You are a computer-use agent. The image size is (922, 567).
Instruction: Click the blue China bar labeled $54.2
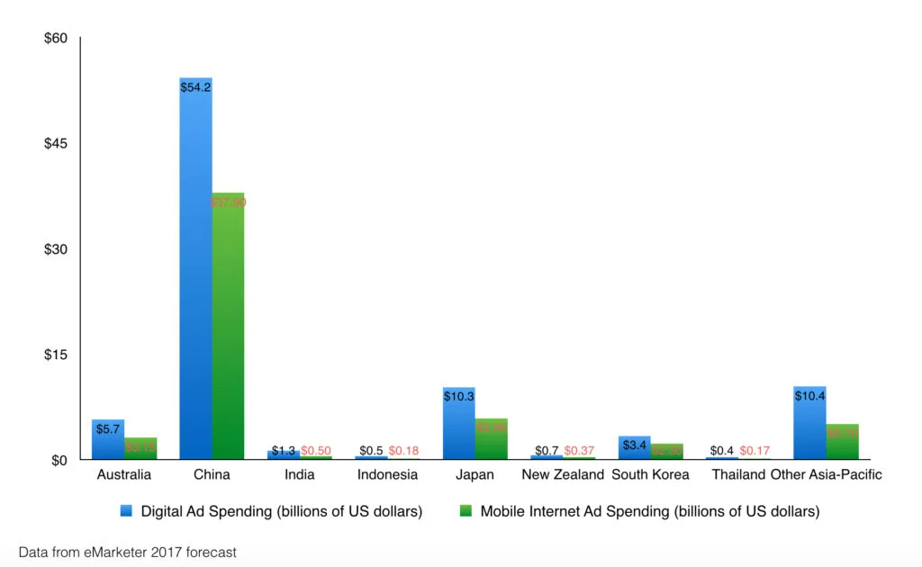click(x=195, y=270)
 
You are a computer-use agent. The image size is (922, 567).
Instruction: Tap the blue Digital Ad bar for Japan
click(x=459, y=423)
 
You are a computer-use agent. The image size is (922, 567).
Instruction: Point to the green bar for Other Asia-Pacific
click(x=842, y=441)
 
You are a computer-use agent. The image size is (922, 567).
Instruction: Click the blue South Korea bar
click(x=635, y=447)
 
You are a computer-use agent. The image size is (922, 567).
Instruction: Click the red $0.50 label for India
click(x=317, y=450)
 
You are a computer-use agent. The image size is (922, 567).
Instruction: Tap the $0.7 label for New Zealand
click(x=547, y=450)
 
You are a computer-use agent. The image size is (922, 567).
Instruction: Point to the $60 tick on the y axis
click(x=56, y=39)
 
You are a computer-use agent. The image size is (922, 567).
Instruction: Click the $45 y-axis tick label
click(x=56, y=144)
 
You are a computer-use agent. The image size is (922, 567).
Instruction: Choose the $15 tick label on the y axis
click(x=56, y=355)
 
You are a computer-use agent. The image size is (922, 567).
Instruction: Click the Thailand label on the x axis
click(x=738, y=474)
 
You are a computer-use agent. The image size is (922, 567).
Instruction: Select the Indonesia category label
click(x=387, y=474)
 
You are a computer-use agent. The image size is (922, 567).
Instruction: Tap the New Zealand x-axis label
click(x=563, y=474)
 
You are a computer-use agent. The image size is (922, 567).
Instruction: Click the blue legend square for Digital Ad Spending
click(x=127, y=511)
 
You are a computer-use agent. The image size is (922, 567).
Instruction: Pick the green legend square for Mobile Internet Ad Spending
click(x=466, y=511)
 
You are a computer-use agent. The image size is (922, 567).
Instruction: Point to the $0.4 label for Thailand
click(x=723, y=450)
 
